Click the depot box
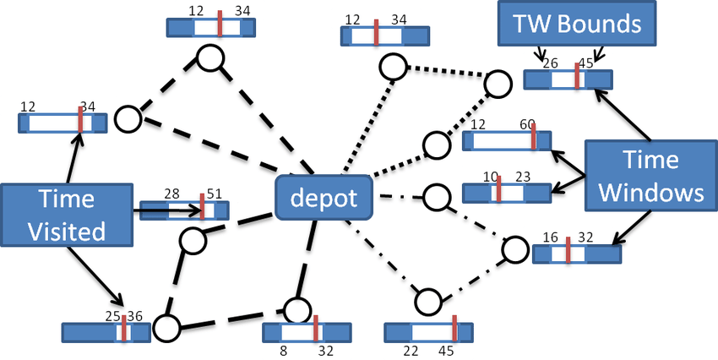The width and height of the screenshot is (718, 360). pyautogui.click(x=324, y=199)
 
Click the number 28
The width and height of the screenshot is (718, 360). pyautogui.click(x=172, y=194)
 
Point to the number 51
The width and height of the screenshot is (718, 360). pyautogui.click(x=215, y=194)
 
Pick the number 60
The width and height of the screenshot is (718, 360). pyautogui.click(x=527, y=124)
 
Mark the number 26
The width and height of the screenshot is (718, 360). pyautogui.click(x=550, y=63)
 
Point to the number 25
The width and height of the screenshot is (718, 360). pyautogui.click(x=113, y=315)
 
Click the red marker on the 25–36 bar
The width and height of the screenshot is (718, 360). pyautogui.click(x=124, y=330)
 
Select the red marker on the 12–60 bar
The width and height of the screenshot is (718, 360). pyautogui.click(x=533, y=139)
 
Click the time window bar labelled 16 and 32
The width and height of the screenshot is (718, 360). pyautogui.click(x=577, y=253)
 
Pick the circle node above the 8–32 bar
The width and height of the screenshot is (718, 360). pyautogui.click(x=297, y=309)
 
